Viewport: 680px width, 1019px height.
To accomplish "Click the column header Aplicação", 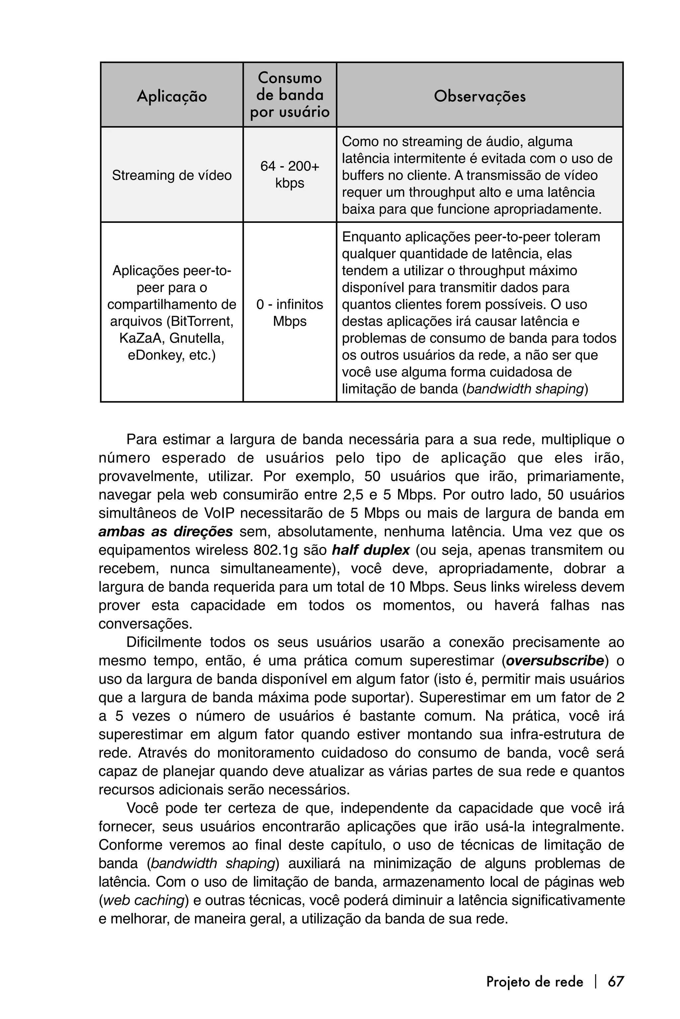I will tap(172, 96).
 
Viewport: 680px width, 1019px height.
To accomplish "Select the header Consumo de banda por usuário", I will tap(290, 95).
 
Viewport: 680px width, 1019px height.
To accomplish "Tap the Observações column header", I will tap(480, 96).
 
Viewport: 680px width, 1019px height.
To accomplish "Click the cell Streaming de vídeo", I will tap(172, 175).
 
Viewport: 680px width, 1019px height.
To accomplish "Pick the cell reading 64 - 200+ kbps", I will tap(290, 174).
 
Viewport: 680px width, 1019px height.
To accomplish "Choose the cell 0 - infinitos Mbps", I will tap(290, 313).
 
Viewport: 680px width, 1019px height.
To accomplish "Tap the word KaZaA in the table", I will tap(140, 338).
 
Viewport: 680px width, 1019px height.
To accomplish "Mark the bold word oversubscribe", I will tap(555, 661).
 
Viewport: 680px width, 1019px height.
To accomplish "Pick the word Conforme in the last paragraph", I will tap(129, 845).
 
